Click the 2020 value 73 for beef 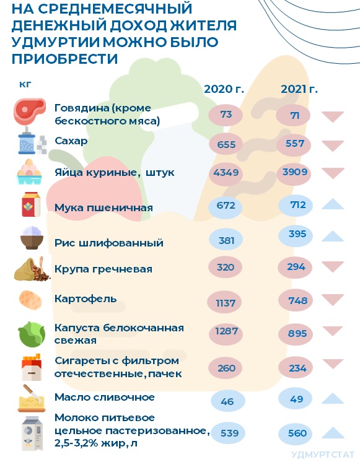(x=226, y=114)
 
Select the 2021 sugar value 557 (x=295, y=144)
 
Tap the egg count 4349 (x=226, y=172)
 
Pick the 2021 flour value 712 (x=298, y=204)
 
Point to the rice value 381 (x=226, y=240)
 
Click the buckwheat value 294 (x=296, y=267)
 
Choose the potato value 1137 (x=226, y=303)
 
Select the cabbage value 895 (x=297, y=333)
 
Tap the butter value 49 (x=296, y=399)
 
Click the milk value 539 (x=229, y=433)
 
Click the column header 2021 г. (x=299, y=89)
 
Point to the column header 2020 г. (x=224, y=89)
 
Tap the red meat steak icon (x=30, y=111)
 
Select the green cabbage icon (x=32, y=334)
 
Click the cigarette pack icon (x=32, y=367)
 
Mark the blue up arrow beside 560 (x=333, y=432)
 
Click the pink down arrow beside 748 (x=333, y=300)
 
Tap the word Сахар (x=71, y=141)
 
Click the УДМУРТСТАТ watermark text (x=323, y=455)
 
